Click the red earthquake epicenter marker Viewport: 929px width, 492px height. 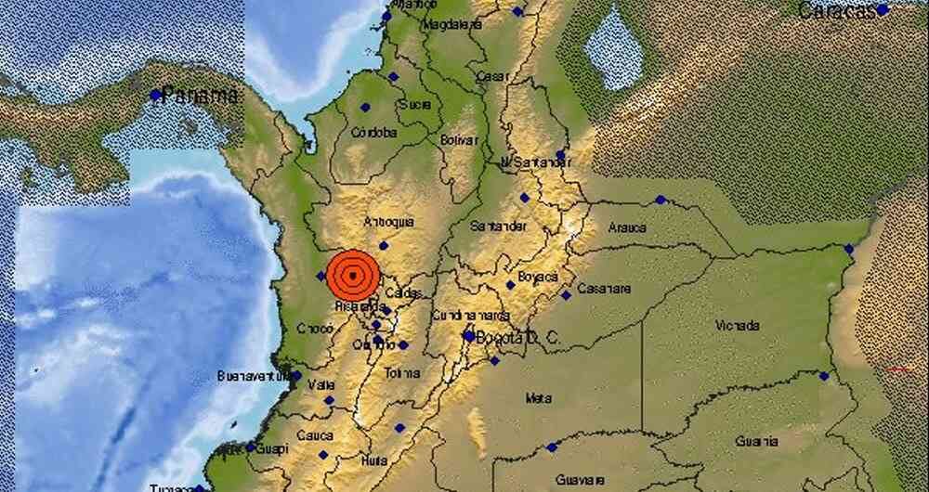pos(354,274)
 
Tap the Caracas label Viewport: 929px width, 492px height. pos(836,11)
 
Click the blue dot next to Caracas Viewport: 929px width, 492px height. pos(883,9)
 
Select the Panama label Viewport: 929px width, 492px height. pos(200,95)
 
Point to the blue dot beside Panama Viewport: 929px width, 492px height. pos(156,95)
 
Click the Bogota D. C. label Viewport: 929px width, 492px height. pos(517,339)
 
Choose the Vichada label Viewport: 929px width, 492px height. pos(739,326)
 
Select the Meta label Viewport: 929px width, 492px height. pos(538,398)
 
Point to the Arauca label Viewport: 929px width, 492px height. pos(627,227)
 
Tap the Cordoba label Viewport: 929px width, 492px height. pos(374,133)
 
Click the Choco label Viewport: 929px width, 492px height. pos(313,329)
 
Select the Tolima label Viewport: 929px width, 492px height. pos(402,373)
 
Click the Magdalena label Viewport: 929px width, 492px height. pos(451,25)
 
